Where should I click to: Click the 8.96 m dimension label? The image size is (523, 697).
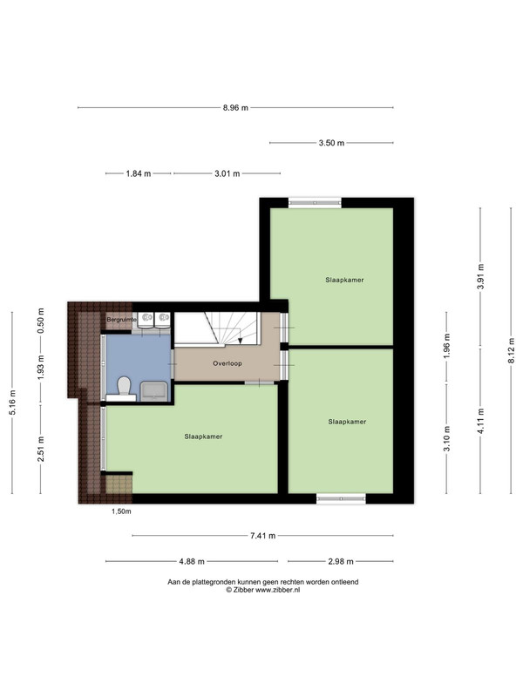(x=235, y=107)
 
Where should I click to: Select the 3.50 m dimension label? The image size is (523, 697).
(x=331, y=143)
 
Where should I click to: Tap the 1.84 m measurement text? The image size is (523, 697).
(x=139, y=173)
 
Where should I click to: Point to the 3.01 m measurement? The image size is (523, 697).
(x=228, y=173)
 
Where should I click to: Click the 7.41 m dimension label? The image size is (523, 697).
(x=263, y=536)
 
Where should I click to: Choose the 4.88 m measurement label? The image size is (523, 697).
(x=192, y=561)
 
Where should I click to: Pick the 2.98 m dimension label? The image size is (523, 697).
(x=341, y=561)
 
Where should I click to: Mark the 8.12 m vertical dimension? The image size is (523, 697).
(x=512, y=351)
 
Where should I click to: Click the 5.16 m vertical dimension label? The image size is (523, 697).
(x=12, y=403)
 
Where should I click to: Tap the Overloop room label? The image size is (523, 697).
(x=228, y=363)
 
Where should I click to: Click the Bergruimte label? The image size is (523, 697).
(x=121, y=320)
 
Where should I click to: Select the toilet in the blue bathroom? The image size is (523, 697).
(x=123, y=387)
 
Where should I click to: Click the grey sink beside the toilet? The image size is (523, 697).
(x=154, y=391)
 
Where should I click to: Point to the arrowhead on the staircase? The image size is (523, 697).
(x=241, y=341)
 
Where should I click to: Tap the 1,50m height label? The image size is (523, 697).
(x=121, y=511)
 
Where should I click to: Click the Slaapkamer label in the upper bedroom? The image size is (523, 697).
(x=344, y=280)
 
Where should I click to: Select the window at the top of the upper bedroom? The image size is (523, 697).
(x=315, y=203)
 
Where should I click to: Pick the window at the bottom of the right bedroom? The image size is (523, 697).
(x=341, y=498)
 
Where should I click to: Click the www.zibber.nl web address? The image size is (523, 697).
(x=277, y=590)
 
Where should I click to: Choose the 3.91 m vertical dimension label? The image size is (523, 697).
(x=481, y=276)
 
